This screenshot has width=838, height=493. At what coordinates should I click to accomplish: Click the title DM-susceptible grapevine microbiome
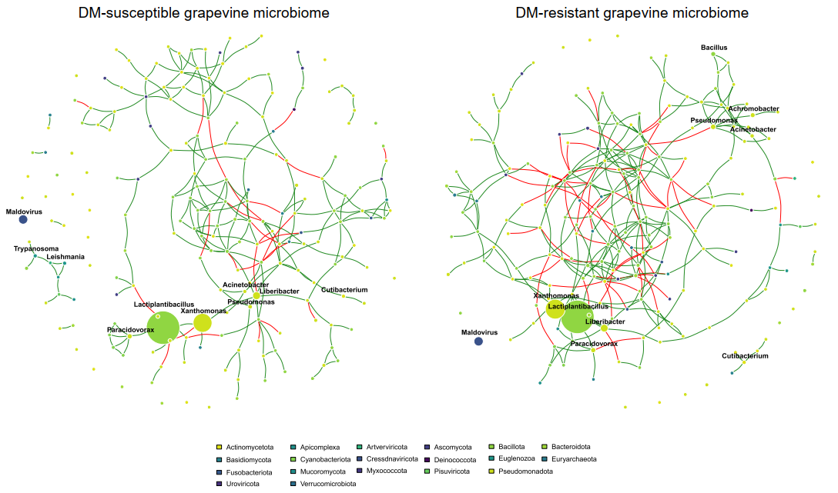click(204, 13)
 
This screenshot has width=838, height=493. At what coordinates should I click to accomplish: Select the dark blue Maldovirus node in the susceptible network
click(23, 219)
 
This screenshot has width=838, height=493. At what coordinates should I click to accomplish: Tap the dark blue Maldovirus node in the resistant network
click(478, 341)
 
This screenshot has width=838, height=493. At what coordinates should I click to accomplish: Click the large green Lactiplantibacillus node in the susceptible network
click(163, 327)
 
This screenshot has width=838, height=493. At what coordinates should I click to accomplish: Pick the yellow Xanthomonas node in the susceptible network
click(203, 323)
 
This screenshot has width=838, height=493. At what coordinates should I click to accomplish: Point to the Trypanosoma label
click(36, 248)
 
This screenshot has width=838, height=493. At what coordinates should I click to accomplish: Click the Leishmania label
click(65, 257)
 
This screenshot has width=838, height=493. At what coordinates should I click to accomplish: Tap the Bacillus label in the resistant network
click(713, 48)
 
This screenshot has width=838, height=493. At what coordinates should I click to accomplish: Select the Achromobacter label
click(753, 109)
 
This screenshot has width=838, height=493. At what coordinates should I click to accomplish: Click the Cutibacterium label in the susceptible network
click(344, 290)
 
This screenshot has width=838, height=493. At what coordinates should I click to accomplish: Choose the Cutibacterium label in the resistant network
click(745, 356)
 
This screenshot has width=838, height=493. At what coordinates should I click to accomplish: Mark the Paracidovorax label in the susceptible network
click(130, 329)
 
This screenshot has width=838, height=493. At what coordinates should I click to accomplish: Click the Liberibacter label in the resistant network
click(605, 321)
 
